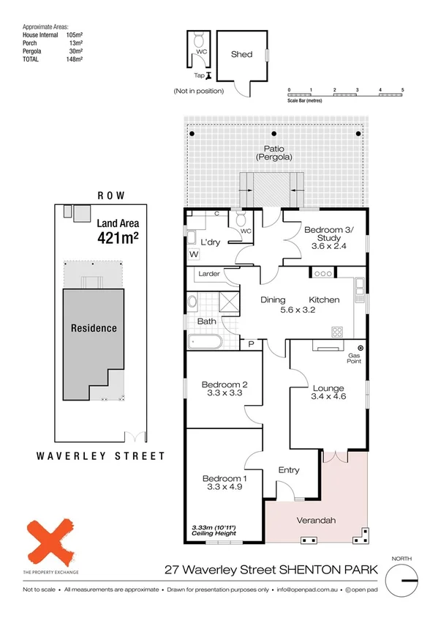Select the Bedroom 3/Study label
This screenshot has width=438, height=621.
coord(328,235)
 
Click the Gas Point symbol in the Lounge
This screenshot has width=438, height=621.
coord(360,347)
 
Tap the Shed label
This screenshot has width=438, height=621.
coord(241,55)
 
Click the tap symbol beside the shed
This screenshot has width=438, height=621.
coord(208,75)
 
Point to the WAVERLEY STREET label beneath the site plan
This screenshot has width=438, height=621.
coord(100,455)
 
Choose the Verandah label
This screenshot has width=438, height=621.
coord(316,521)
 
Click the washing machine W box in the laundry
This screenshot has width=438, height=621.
coord(193,255)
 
